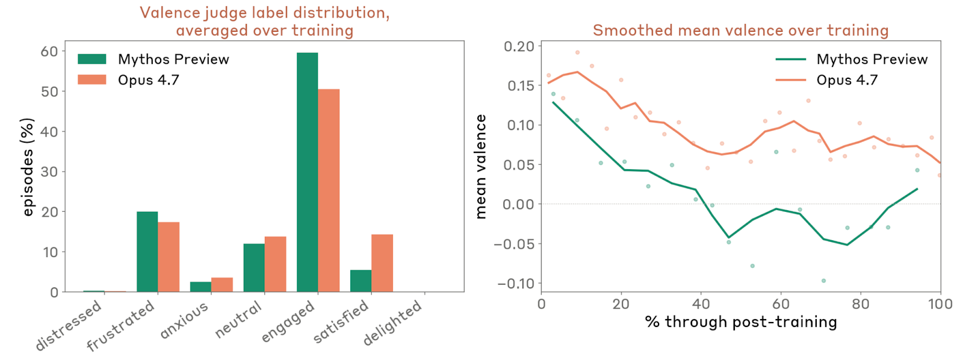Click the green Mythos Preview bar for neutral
(254, 268)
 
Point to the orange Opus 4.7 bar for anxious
(222, 285)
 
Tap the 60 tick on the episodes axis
(49, 52)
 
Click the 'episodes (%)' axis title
(28, 167)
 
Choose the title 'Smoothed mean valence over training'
(740, 30)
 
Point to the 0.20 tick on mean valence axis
(519, 46)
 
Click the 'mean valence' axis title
(481, 167)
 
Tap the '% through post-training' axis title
(741, 322)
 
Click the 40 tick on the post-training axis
(701, 304)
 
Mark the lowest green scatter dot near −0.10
(823, 281)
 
